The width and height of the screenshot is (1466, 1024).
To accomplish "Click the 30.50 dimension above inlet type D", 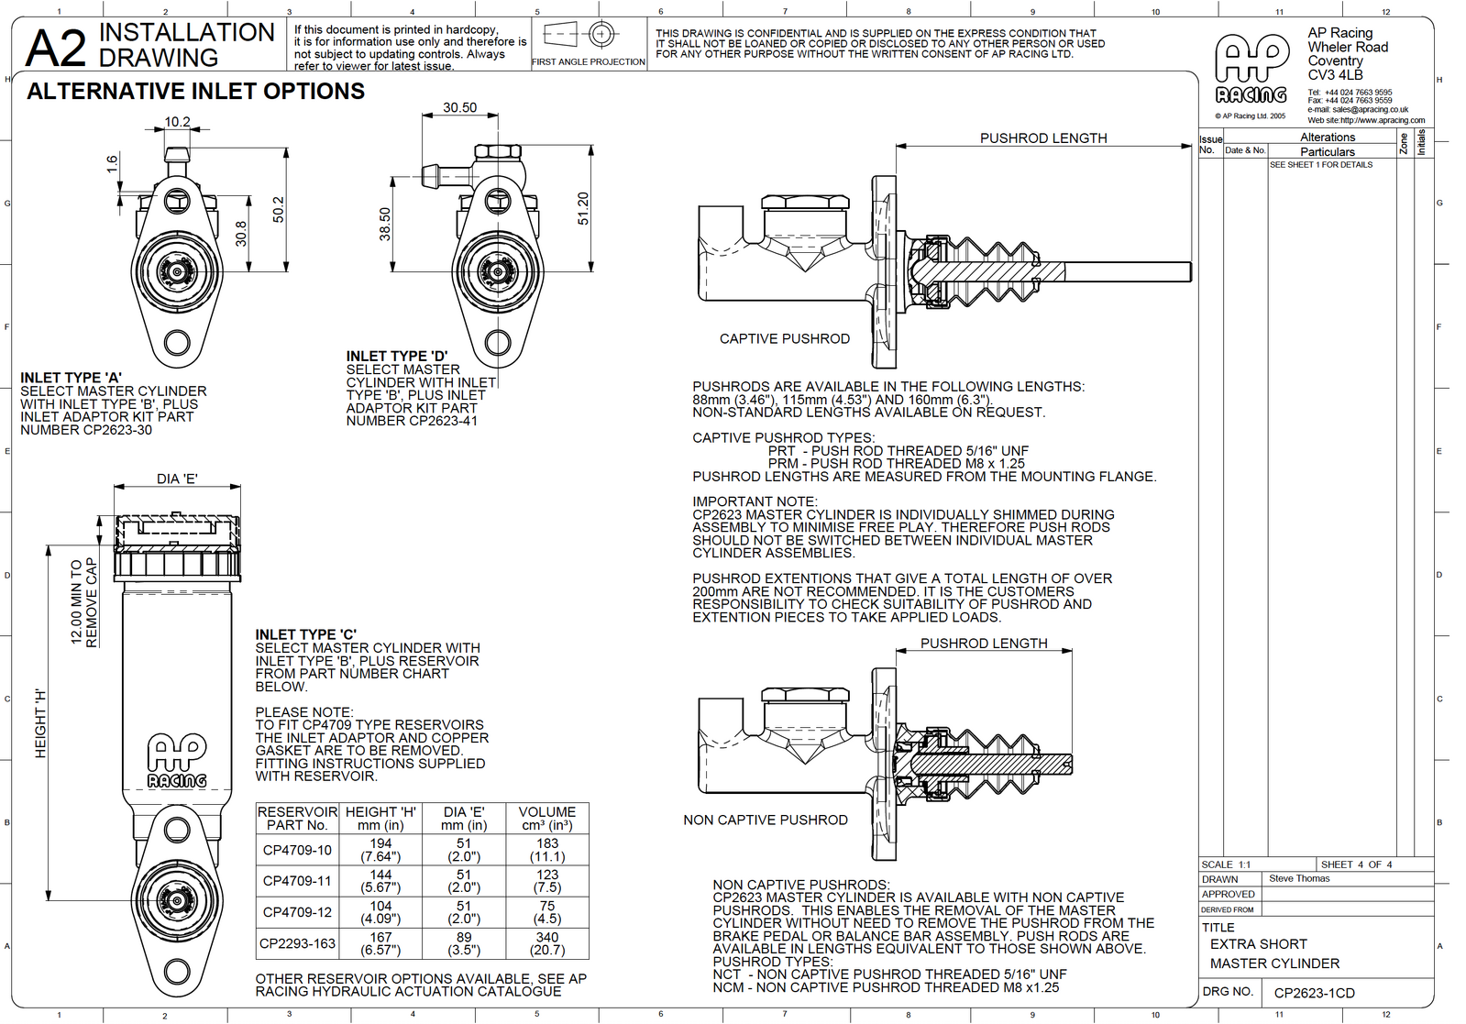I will point(459,107).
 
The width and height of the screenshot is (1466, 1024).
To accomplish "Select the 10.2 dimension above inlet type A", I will point(177,122).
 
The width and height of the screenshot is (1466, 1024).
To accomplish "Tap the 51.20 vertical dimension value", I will point(583,209).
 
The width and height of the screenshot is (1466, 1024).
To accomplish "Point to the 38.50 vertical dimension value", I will point(385,225).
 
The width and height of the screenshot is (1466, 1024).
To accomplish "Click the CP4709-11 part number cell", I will point(297,881).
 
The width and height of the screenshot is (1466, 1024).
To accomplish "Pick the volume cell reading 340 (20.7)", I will point(547,943).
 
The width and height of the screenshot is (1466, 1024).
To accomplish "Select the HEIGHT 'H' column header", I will point(380,819).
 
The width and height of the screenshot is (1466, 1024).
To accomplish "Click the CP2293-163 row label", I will point(297,943).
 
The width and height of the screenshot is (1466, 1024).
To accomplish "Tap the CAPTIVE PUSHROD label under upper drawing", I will point(784,339).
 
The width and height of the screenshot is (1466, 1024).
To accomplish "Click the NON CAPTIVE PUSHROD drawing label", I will point(765,820).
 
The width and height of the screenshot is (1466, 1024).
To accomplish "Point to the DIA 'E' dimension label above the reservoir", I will point(177,479).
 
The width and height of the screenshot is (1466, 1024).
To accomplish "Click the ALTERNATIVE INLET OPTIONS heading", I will point(195,92).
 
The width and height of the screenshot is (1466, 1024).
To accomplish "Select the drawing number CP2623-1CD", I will point(1314,993).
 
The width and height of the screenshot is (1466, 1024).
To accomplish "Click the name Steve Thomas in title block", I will point(1298,878).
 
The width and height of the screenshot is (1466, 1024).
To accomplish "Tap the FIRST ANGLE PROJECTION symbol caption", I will point(588,62).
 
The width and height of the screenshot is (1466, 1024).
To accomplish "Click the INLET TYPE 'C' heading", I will point(305,634).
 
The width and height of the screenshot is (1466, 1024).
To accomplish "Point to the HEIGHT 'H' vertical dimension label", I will point(40,723).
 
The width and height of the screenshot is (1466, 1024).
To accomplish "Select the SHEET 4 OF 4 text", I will point(1356,864).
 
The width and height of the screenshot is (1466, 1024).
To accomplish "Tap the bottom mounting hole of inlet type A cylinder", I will point(177,344).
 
